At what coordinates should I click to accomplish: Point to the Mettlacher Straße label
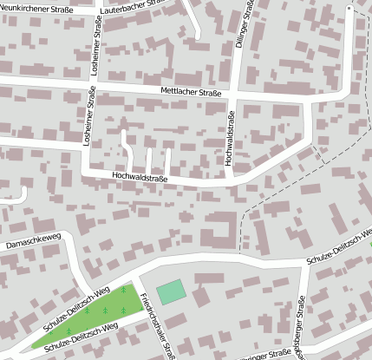191,91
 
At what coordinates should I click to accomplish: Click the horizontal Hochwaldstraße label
140,177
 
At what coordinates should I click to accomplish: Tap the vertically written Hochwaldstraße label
229,139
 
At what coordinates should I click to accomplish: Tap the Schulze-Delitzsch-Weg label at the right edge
338,257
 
